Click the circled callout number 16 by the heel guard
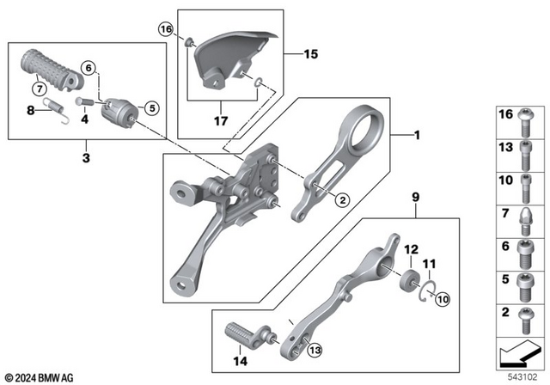tap(166, 30)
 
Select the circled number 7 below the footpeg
tap(39, 89)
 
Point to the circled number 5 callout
tap(152, 108)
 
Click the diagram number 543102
tap(519, 376)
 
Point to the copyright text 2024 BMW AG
tap(40, 376)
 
